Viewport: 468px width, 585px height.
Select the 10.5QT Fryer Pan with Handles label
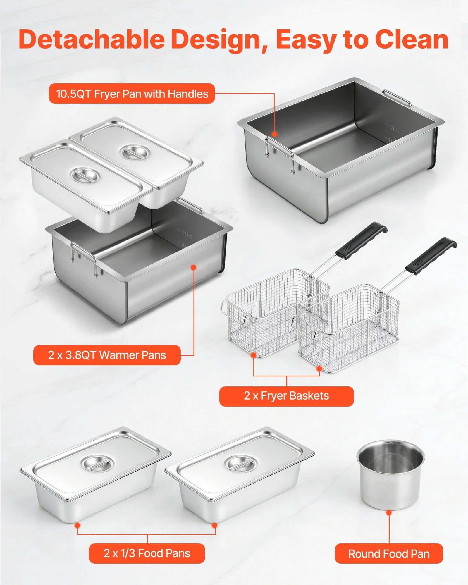132,94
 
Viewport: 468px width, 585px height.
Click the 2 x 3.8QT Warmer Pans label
107,355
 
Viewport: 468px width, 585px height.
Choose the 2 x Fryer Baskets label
286,396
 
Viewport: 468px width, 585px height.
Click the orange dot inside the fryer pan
274,134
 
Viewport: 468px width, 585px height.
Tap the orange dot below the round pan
389,512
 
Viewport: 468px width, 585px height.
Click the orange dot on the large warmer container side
193,267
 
